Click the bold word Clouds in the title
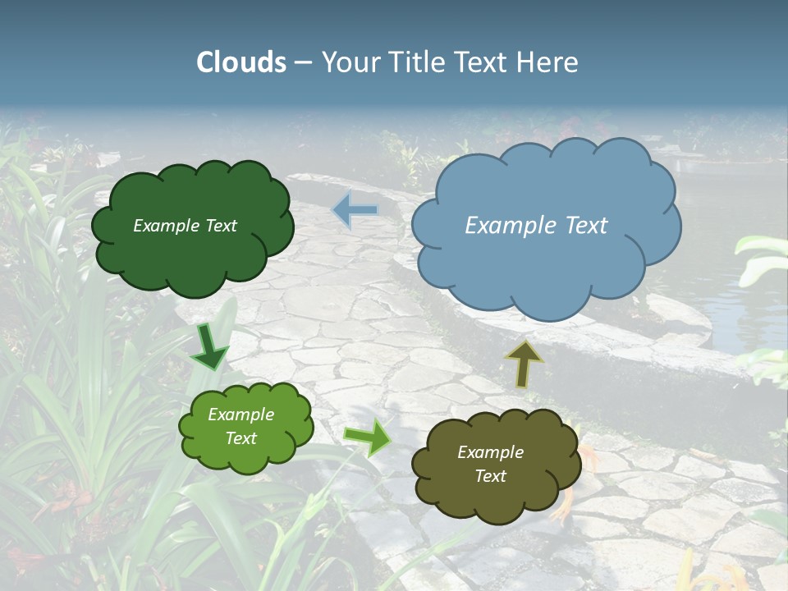point(241,62)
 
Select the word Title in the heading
point(417,62)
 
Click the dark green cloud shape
point(193,254)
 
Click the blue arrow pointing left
point(355,209)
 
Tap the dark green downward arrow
point(210,346)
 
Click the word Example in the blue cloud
point(506,226)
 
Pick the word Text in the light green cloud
point(241,438)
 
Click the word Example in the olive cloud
point(490,452)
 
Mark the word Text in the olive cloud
point(490,476)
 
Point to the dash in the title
point(303,63)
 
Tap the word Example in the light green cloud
point(241,415)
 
